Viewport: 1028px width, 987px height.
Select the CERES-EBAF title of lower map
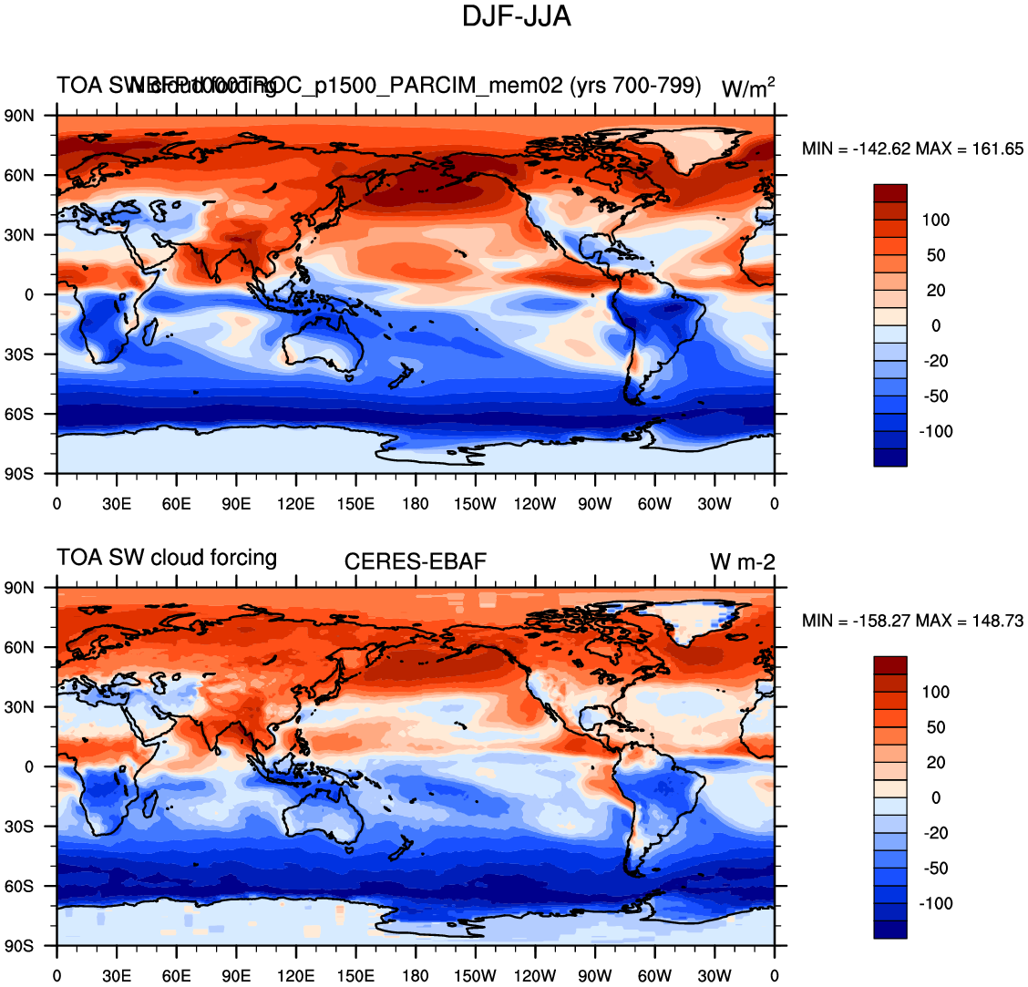tap(416, 561)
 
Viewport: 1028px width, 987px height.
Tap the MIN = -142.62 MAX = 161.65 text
tap(912, 149)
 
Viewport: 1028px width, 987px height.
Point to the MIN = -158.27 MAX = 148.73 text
tap(912, 621)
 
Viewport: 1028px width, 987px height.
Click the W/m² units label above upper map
tap(748, 87)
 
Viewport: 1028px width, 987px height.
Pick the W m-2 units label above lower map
tap(743, 562)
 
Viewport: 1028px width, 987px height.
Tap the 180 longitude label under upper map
tap(416, 504)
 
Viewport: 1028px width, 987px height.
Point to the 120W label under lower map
tap(535, 976)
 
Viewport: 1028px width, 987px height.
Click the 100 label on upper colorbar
tap(936, 220)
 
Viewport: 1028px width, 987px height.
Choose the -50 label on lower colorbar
tap(936, 868)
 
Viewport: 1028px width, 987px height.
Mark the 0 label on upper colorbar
tap(936, 325)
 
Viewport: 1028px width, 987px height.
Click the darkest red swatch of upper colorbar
tap(889, 192)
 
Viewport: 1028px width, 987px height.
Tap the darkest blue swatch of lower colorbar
tap(889, 930)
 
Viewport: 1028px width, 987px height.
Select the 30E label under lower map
tap(117, 976)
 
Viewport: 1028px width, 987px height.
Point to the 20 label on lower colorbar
tap(936, 762)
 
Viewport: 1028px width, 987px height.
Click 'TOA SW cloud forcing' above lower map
tap(167, 557)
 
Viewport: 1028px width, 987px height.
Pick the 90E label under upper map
tap(236, 504)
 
